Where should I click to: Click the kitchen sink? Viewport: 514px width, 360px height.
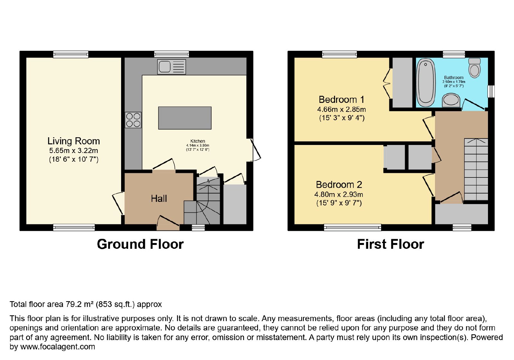pyautogui.click(x=172, y=67)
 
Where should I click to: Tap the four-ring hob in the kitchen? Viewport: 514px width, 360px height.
pyautogui.click(x=133, y=120)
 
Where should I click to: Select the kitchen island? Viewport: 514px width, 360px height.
pyautogui.click(x=185, y=118)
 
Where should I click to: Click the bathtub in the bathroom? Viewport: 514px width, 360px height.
pyautogui.click(x=426, y=83)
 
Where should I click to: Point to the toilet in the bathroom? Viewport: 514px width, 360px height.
pyautogui.click(x=474, y=68)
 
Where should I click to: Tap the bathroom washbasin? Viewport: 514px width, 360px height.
pyautogui.click(x=451, y=100)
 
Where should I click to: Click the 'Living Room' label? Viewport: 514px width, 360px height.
pyautogui.click(x=74, y=141)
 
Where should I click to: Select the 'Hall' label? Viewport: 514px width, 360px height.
pyautogui.click(x=159, y=199)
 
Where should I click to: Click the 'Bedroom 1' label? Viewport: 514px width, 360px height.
pyautogui.click(x=341, y=100)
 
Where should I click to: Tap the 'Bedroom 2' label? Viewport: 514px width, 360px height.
pyautogui.click(x=339, y=184)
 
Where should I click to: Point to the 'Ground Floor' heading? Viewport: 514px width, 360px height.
pyautogui.click(x=140, y=244)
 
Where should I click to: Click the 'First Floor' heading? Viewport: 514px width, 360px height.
pyautogui.click(x=391, y=244)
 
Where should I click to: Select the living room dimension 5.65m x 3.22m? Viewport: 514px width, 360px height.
pyautogui.click(x=74, y=151)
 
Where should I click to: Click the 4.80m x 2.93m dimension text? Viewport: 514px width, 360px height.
pyautogui.click(x=339, y=194)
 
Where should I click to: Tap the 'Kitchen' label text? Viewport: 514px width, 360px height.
pyautogui.click(x=198, y=141)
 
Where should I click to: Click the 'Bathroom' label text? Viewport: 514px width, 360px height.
pyautogui.click(x=454, y=77)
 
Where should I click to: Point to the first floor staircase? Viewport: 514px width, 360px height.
pyautogui.click(x=476, y=169)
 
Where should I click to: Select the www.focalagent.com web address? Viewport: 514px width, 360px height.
pyautogui.click(x=58, y=347)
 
